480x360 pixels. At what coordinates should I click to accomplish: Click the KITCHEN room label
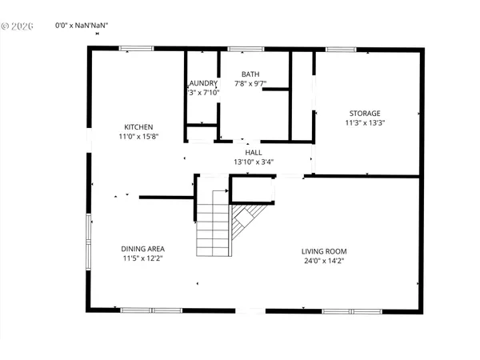point(138,127)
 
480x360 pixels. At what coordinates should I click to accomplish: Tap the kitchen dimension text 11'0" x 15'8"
point(138,137)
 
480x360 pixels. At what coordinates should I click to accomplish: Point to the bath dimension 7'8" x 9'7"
point(250,82)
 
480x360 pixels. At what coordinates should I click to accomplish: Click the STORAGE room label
point(364,113)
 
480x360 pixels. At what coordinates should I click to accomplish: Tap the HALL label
point(254,152)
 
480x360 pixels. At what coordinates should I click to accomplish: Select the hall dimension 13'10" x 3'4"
point(254,162)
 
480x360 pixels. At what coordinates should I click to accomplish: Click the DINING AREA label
point(143,249)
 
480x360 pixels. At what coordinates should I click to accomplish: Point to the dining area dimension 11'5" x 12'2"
point(143,258)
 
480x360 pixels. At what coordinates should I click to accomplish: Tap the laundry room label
point(203,82)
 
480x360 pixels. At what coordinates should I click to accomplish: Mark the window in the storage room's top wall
point(340,50)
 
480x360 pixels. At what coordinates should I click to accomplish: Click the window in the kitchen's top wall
point(137,50)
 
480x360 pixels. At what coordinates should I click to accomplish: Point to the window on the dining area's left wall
point(89,232)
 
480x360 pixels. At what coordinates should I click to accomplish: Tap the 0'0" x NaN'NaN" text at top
point(82,26)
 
